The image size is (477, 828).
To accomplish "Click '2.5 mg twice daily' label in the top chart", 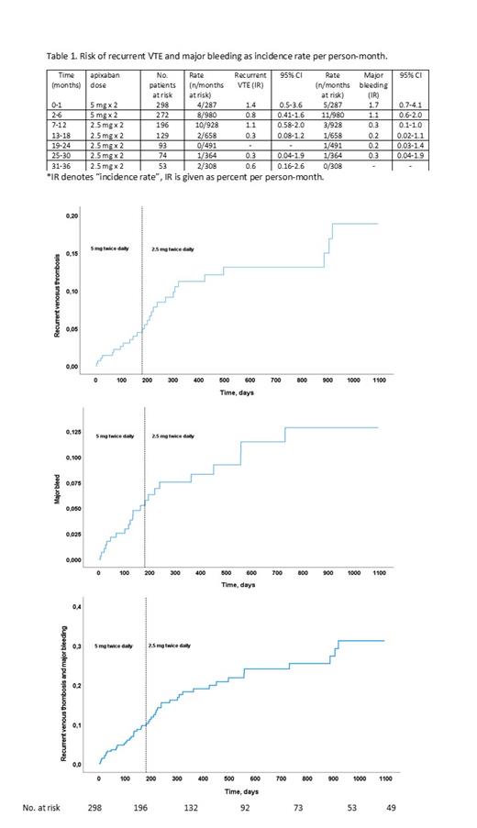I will [172, 249].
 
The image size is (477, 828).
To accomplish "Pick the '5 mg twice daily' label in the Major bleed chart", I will [114, 436].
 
